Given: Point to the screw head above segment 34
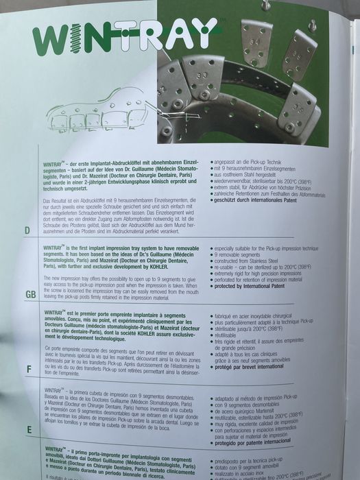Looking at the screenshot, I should (265, 5).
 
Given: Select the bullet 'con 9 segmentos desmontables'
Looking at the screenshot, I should (251, 403).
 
